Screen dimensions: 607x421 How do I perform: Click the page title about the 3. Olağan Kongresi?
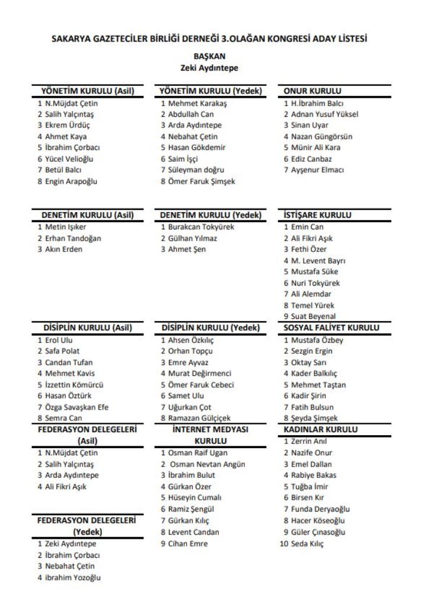point(210,39)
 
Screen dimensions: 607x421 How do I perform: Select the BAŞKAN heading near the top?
point(209,56)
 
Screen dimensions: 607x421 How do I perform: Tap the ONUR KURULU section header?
point(312,91)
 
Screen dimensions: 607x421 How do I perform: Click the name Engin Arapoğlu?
point(71,181)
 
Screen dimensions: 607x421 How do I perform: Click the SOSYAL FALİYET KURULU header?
point(331,328)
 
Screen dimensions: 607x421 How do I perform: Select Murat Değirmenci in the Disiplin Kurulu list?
point(200,373)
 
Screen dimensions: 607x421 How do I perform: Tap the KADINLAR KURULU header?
point(320,429)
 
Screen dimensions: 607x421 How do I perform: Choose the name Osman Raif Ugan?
point(197,453)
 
